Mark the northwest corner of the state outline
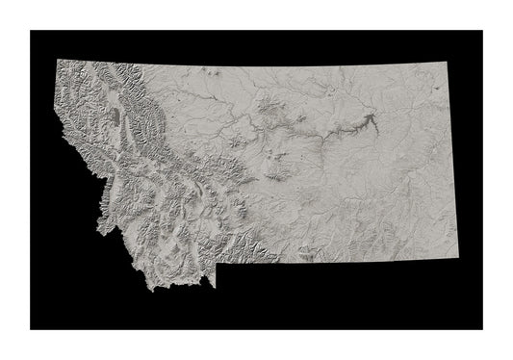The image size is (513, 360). point(60,59)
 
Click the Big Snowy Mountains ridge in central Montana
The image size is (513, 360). point(279,173)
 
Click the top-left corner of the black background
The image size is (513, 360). point(30,30)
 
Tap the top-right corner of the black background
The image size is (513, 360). point(482,30)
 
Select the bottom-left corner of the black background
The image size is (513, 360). point(30,329)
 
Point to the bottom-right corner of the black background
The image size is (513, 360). point(482,329)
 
